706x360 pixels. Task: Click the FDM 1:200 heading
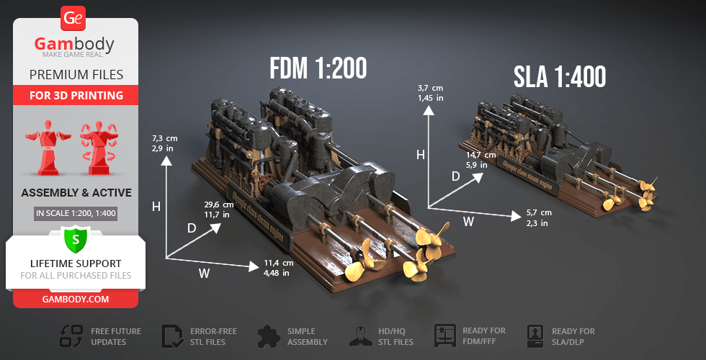(x=318, y=68)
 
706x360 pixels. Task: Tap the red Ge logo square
(x=74, y=17)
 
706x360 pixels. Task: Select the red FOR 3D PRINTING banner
(x=76, y=96)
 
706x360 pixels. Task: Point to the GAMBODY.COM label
(x=76, y=299)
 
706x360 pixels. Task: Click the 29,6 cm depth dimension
(x=216, y=209)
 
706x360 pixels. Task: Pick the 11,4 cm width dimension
(x=278, y=267)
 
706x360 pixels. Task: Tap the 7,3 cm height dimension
(x=164, y=142)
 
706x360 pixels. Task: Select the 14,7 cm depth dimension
(x=481, y=159)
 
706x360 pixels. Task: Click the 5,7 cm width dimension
(x=539, y=217)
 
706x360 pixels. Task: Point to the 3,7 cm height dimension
(x=429, y=92)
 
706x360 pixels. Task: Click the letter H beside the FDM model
(x=156, y=207)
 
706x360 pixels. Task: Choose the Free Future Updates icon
(x=71, y=336)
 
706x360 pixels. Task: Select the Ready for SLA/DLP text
(x=573, y=336)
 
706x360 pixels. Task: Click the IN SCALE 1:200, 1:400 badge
(x=76, y=213)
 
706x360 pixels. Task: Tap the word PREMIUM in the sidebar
(x=54, y=74)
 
